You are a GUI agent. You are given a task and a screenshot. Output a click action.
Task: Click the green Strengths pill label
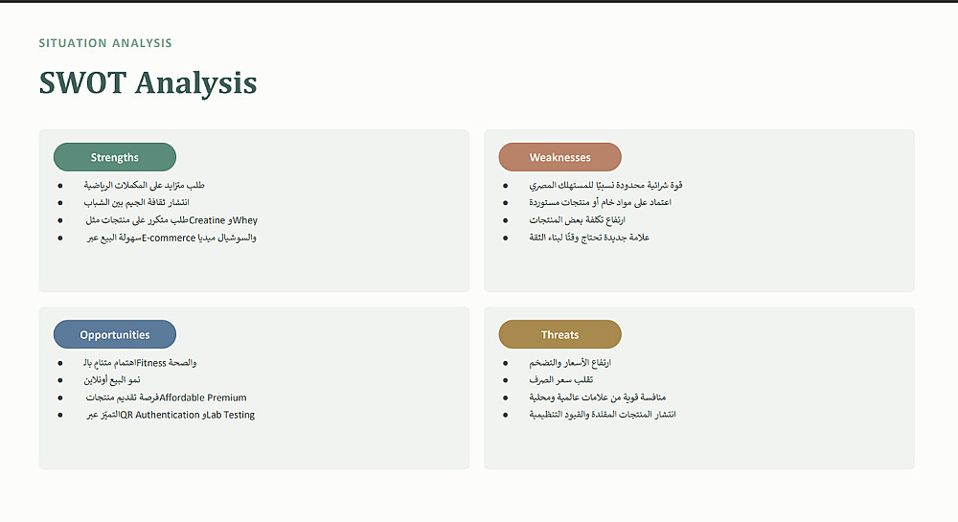pos(115,157)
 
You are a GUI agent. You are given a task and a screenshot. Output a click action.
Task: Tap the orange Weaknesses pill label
pos(559,157)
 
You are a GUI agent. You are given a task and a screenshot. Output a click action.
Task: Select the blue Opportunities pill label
pos(115,334)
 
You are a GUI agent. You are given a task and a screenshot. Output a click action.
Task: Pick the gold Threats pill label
pos(559,334)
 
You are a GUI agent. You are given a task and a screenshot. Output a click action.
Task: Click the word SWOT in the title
pos(82,82)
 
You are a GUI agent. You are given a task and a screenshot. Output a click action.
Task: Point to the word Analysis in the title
pos(196,83)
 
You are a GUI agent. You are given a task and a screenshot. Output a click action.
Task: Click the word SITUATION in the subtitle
pos(73,43)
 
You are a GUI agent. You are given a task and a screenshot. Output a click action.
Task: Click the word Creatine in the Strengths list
pos(207,220)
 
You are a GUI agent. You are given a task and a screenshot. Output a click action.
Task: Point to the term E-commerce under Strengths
pos(169,238)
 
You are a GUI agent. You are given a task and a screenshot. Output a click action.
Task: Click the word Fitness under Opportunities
pos(151,363)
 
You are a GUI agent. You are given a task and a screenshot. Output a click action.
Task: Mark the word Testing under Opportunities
pos(239,415)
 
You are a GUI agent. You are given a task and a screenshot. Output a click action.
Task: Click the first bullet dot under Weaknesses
pos(505,185)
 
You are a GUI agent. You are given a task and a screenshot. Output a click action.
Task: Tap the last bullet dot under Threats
pos(505,415)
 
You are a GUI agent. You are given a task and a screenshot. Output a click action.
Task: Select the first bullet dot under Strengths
pos(59,185)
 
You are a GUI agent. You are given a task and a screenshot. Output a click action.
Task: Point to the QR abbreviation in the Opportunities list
pos(125,415)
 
